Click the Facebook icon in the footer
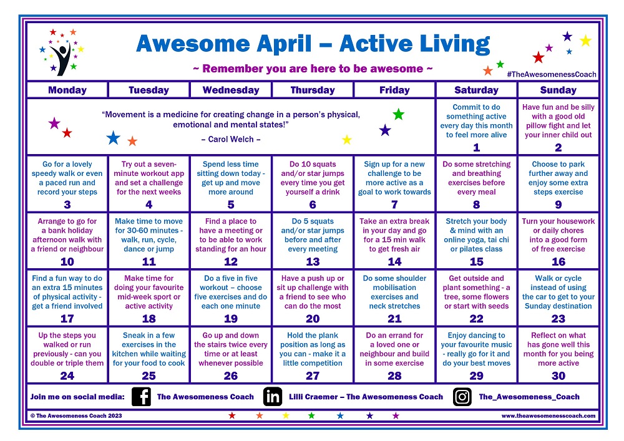tap(142, 397)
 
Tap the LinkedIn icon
tap(272, 397)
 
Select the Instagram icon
tap(462, 397)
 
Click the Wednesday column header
tap(231, 90)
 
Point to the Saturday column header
tap(476, 90)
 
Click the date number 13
tap(313, 262)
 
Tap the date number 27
tap(313, 376)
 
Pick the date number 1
tap(477, 148)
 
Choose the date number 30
tap(558, 376)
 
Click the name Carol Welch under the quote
tap(232, 139)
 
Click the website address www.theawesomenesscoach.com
tap(548, 415)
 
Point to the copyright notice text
tap(77, 415)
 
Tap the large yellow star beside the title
tap(585, 41)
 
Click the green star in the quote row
tap(398, 114)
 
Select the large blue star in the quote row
tap(113, 138)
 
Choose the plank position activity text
tap(313, 349)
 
